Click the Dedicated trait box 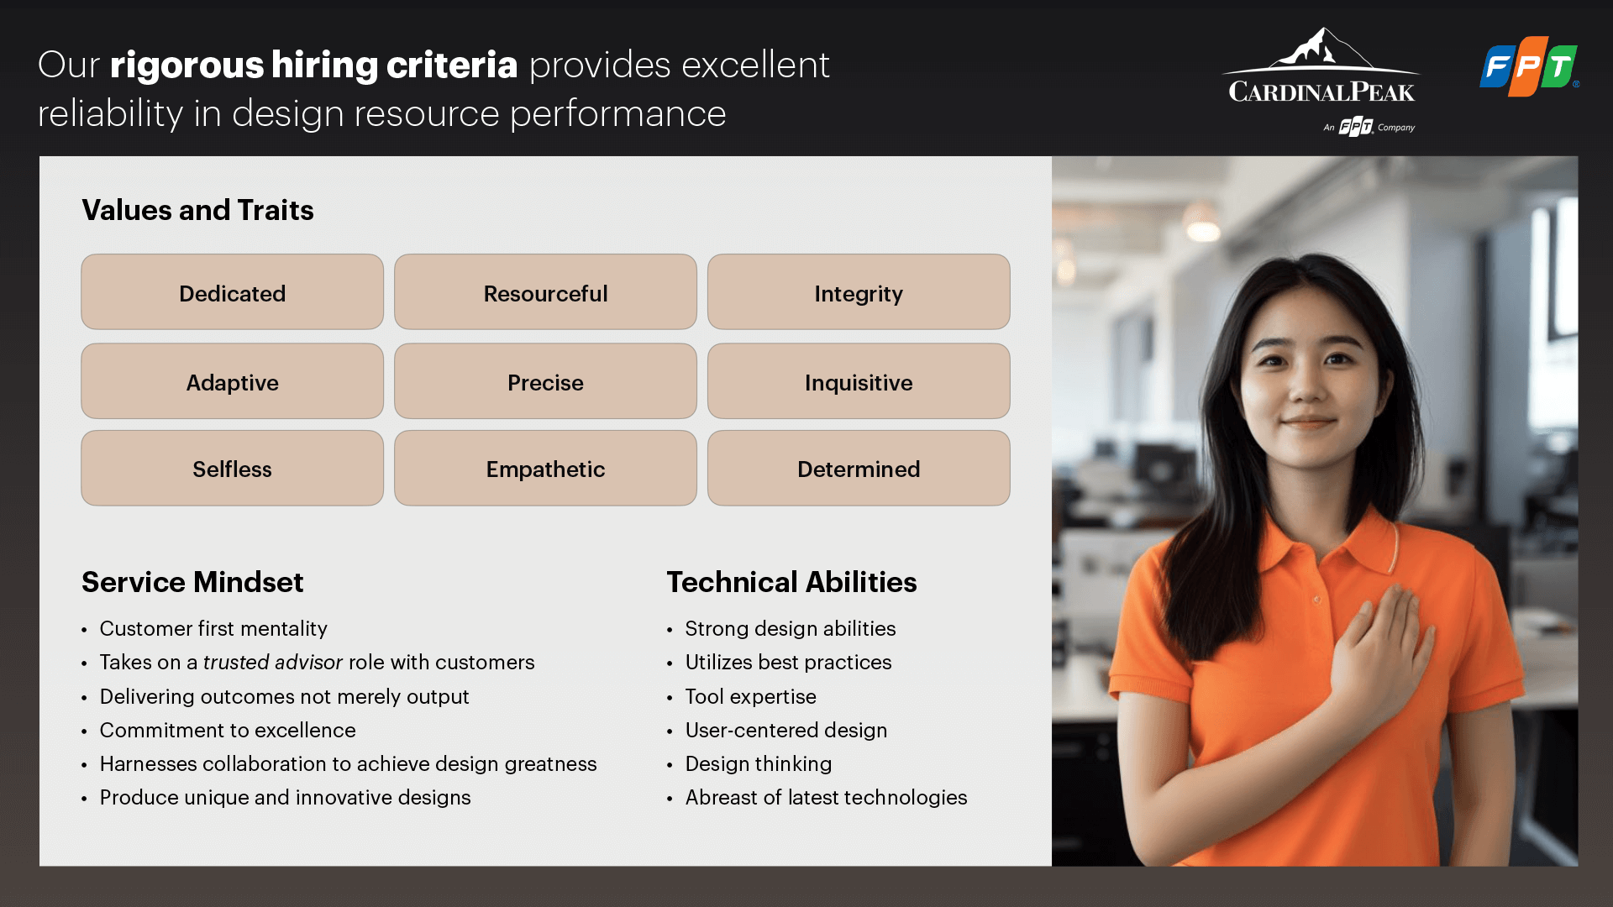coord(233,292)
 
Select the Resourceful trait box coord(545,292)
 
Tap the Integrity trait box coord(859,292)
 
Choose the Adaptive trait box coord(233,381)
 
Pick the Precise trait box coord(545,381)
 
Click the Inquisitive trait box coord(859,381)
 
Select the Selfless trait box coord(233,469)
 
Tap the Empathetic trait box coord(545,469)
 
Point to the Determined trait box coord(859,469)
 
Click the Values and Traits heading coord(197,210)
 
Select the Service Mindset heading coord(192,582)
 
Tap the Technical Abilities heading coord(791,582)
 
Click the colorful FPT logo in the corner coord(1529,66)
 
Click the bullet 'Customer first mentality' coord(213,629)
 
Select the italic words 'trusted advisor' coord(273,663)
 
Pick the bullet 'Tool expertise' coord(751,697)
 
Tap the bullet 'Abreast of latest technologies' coord(827,798)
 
